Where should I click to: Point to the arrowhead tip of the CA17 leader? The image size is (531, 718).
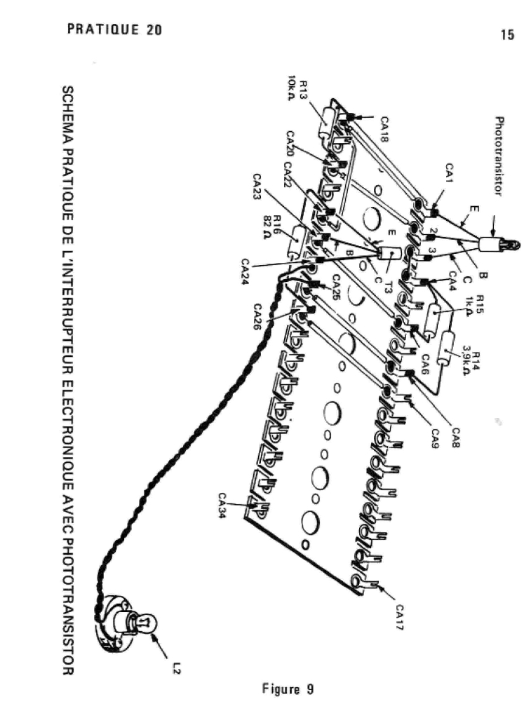click(376, 585)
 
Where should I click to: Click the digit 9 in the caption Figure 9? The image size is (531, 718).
click(310, 689)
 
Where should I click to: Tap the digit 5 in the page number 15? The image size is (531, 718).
click(511, 35)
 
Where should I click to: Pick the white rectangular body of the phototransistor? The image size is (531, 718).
click(490, 245)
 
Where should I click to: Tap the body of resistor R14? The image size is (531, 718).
click(446, 348)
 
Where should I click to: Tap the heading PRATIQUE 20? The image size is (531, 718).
click(114, 29)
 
